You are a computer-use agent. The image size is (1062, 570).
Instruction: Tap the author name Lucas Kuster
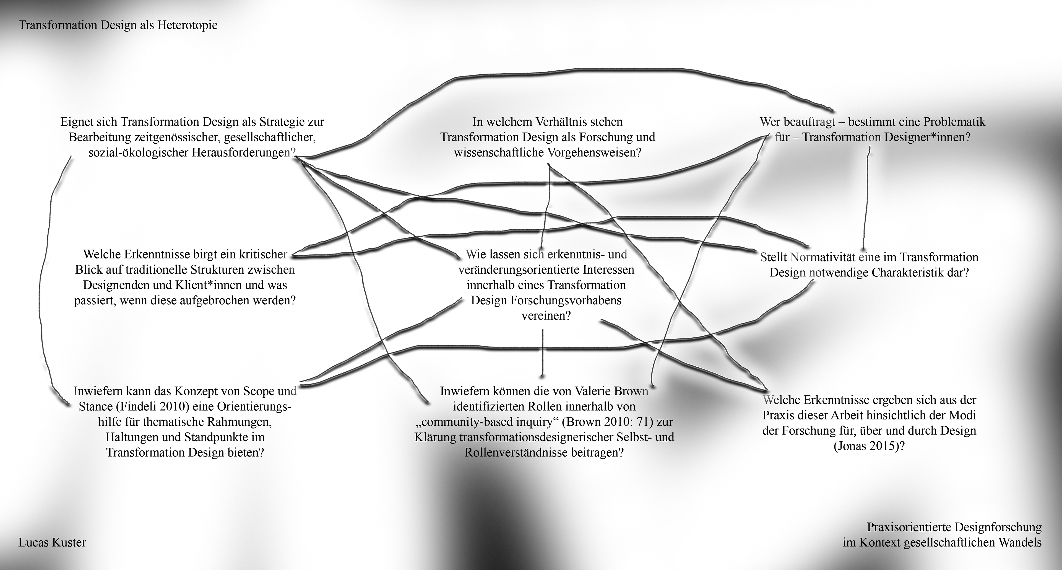pyautogui.click(x=52, y=542)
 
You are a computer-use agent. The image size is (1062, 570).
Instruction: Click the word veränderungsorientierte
pyautogui.click(x=520, y=270)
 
